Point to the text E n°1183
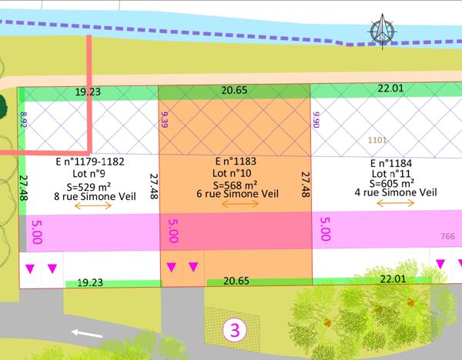tap(236, 163)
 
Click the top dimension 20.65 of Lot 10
tap(234, 91)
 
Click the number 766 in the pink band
tap(447, 236)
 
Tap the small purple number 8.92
tap(22, 120)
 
